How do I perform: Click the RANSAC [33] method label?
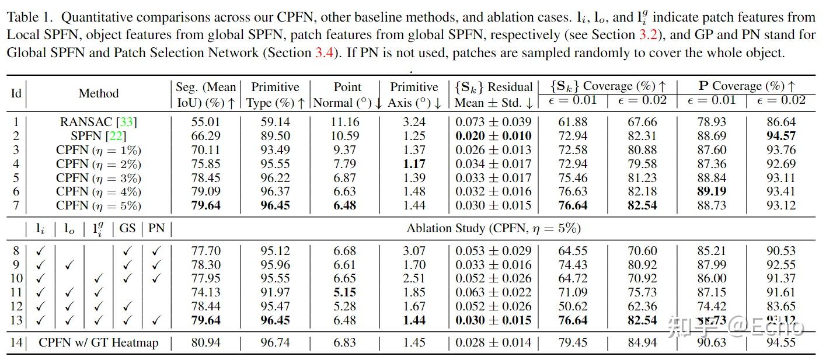click(98, 122)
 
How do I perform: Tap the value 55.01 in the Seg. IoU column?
click(206, 122)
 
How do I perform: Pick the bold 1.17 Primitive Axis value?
click(414, 164)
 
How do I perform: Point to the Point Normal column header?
click(347, 94)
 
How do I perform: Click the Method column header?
click(98, 93)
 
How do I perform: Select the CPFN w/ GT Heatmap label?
click(98, 342)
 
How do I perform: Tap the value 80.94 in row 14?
click(206, 342)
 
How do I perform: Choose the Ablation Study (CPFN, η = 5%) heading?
click(493, 228)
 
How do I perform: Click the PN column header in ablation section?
click(156, 228)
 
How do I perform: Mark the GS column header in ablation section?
click(127, 228)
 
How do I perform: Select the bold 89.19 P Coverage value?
click(711, 192)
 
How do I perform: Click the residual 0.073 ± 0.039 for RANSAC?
click(493, 122)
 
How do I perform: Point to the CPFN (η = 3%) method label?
click(98, 178)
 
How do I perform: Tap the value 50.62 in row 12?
click(573, 306)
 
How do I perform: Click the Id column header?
click(16, 93)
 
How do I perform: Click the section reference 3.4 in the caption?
click(324, 53)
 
